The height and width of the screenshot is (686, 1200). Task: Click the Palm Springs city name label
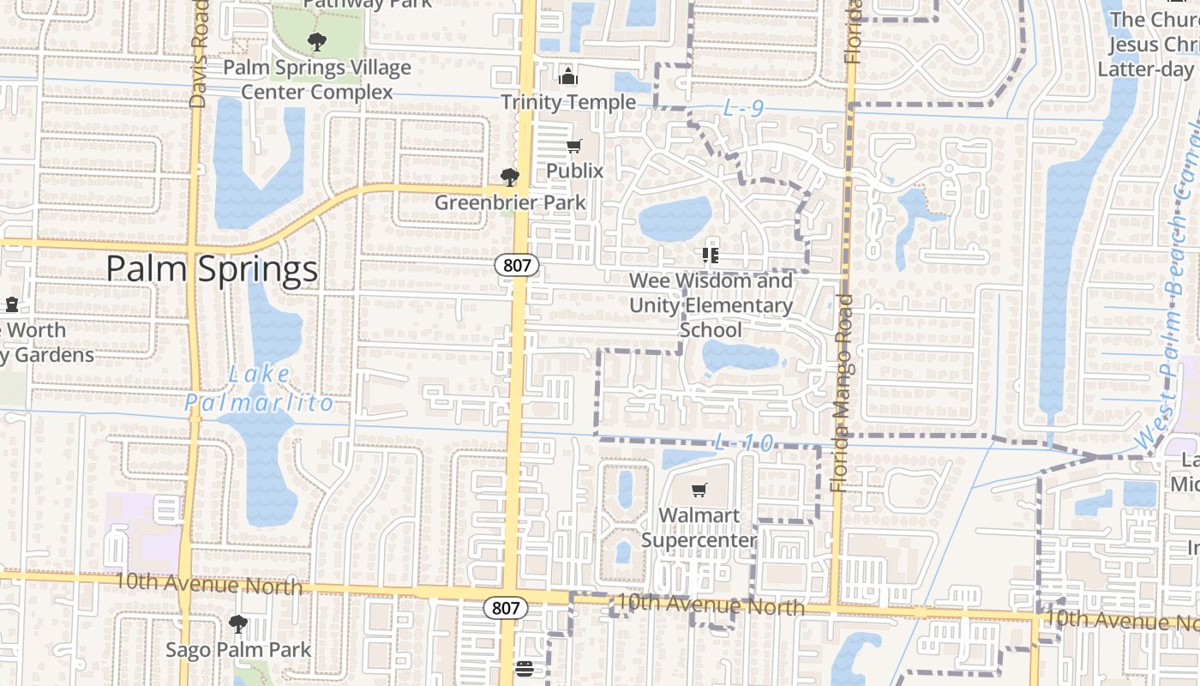click(x=212, y=269)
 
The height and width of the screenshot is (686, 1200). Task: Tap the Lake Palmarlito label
click(x=259, y=388)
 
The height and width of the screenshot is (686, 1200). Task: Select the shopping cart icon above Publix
click(x=573, y=147)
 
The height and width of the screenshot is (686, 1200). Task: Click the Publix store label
click(x=575, y=171)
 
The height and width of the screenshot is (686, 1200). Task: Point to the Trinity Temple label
click(x=568, y=102)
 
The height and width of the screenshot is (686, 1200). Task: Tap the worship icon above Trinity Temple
click(x=567, y=77)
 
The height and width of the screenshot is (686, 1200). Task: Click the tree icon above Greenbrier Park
click(x=510, y=178)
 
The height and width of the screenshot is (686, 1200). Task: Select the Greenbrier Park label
click(x=510, y=203)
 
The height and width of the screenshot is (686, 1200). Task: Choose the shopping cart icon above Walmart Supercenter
click(x=699, y=490)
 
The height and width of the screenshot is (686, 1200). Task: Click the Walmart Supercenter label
click(x=699, y=527)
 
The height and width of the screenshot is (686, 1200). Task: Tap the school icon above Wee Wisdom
click(x=710, y=255)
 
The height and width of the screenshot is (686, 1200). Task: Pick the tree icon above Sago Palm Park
click(x=237, y=624)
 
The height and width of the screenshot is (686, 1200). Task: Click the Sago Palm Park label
click(x=238, y=649)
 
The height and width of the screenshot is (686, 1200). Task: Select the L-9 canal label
click(x=742, y=109)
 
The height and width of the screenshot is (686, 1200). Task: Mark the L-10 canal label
click(x=743, y=443)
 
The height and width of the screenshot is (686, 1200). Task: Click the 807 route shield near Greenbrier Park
click(x=517, y=265)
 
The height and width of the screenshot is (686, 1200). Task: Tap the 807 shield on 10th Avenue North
click(x=506, y=608)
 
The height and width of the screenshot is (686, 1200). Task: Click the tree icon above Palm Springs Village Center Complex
click(x=317, y=41)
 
